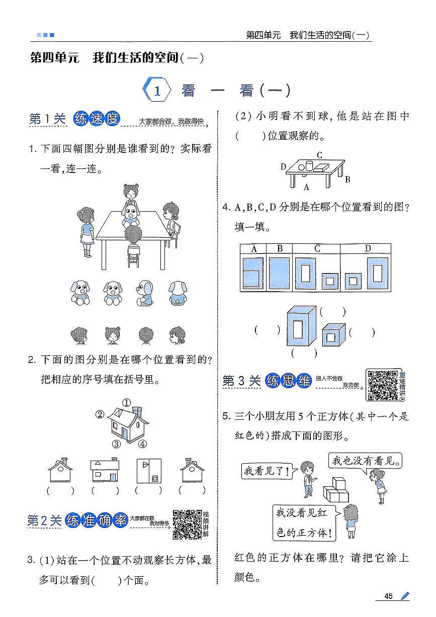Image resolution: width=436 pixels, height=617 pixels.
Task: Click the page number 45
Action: [x=388, y=596]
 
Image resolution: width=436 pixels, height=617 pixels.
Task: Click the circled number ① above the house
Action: [x=126, y=402]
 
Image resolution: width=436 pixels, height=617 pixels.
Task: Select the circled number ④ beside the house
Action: [x=143, y=444]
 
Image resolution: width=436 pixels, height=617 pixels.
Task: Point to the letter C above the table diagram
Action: [x=319, y=155]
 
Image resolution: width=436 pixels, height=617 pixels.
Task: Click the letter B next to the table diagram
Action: [x=347, y=179]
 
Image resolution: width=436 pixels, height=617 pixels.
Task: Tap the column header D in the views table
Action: [x=368, y=248]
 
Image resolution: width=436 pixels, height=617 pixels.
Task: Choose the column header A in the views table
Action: [x=254, y=248]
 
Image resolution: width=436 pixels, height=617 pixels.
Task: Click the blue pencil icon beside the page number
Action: [x=404, y=596]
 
